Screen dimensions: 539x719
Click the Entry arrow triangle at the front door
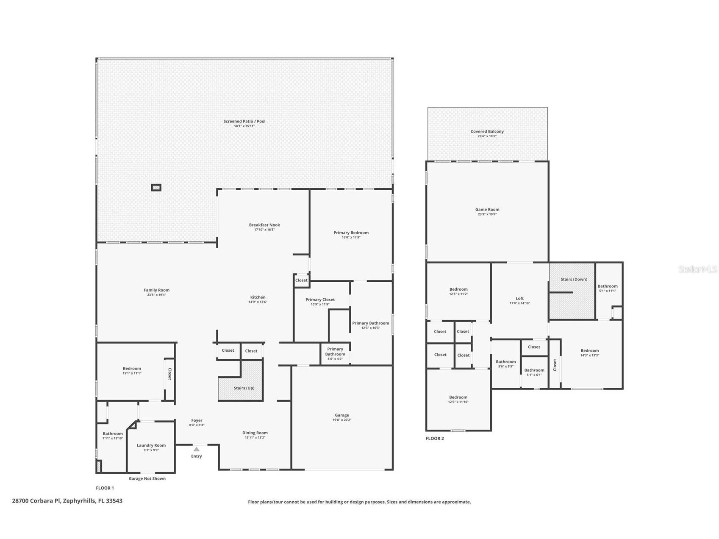(x=196, y=449)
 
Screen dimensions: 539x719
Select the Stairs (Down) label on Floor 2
(x=574, y=279)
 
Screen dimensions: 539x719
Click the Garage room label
(x=341, y=415)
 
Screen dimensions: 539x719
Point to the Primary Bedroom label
(x=351, y=233)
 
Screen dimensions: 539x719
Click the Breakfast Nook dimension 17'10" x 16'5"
(x=264, y=230)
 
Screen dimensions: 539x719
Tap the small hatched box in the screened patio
(x=156, y=187)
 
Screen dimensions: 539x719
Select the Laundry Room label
(x=151, y=445)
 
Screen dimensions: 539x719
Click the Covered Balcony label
(x=487, y=131)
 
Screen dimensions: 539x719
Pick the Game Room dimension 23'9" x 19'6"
(x=487, y=214)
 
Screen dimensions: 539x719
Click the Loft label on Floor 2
(x=519, y=298)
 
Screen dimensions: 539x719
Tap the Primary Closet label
(x=320, y=300)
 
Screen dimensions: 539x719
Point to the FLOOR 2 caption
(x=435, y=439)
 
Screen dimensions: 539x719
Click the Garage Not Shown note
(x=147, y=478)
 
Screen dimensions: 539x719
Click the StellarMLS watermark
(x=697, y=269)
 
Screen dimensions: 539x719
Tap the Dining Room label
(x=255, y=433)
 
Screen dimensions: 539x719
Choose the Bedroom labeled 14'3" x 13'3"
(x=589, y=350)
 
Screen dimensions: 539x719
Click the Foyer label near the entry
(x=197, y=420)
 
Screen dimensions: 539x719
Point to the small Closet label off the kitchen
(x=301, y=280)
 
